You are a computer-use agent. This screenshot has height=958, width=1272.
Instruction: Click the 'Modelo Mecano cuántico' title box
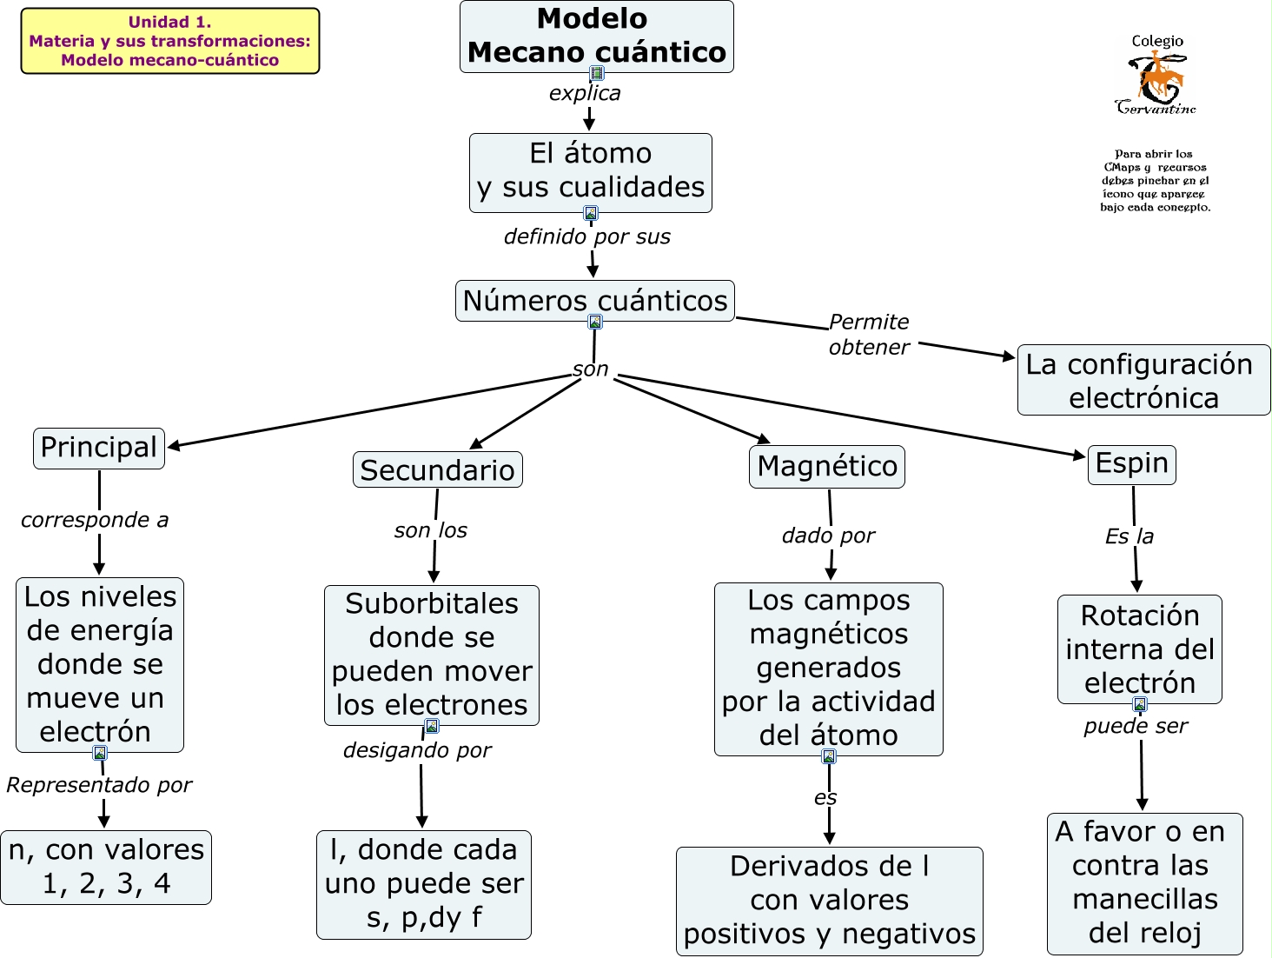click(596, 36)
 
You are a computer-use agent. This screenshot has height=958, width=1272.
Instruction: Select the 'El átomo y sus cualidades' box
click(591, 171)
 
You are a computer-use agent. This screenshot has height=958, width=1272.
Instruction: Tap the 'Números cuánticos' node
click(595, 300)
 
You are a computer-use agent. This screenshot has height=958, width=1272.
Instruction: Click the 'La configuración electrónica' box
click(1143, 380)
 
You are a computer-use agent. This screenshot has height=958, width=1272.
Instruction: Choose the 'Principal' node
click(99, 448)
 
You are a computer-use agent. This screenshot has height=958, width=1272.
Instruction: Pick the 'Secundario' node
click(438, 469)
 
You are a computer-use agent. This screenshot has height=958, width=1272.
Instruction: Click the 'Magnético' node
click(827, 466)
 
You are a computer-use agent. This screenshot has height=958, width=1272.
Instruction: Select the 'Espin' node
click(1132, 464)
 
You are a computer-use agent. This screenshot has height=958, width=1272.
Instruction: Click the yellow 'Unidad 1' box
click(170, 41)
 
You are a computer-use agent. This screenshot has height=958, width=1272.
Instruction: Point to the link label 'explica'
click(585, 93)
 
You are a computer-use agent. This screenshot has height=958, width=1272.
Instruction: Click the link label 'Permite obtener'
click(869, 335)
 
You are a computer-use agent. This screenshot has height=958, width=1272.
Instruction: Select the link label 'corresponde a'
click(95, 520)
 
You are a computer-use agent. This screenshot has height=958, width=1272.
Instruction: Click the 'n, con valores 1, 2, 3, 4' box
click(106, 867)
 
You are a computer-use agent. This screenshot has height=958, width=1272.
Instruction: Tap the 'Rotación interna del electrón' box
click(1140, 649)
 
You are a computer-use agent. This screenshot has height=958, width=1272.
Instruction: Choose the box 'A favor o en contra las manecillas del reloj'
click(1145, 882)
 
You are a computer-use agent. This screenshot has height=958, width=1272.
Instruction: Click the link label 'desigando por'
click(417, 750)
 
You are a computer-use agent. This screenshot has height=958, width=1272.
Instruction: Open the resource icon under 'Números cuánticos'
click(595, 322)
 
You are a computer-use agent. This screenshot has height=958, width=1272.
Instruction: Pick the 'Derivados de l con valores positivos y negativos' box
click(830, 901)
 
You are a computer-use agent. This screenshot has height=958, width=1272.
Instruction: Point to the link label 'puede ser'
click(1136, 726)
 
